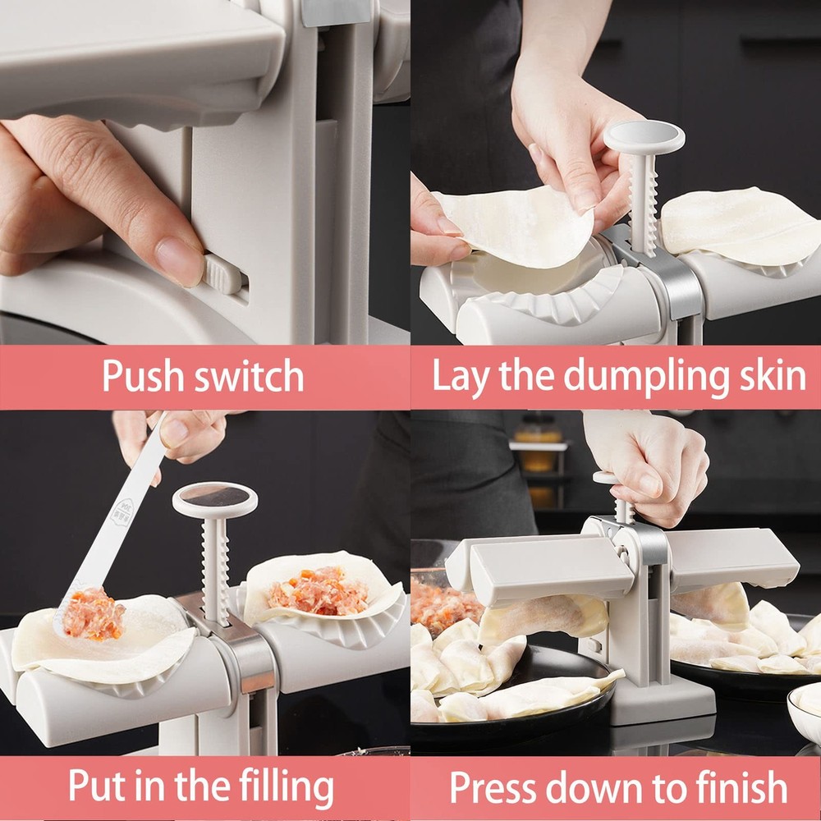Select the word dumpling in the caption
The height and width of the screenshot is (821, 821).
(x=646, y=376)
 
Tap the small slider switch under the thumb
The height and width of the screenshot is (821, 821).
(x=222, y=274)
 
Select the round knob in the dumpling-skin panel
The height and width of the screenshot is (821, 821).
(x=644, y=137)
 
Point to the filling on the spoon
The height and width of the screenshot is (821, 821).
(x=92, y=614)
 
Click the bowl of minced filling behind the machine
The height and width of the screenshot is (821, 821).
(x=443, y=603)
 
